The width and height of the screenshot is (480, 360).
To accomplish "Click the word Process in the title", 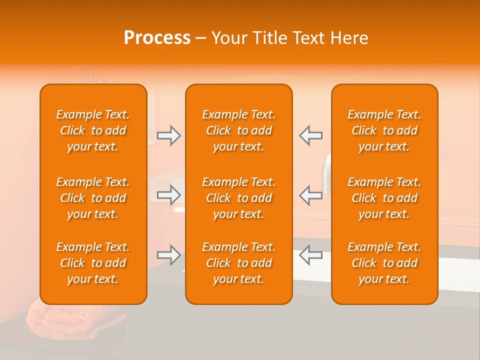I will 157,38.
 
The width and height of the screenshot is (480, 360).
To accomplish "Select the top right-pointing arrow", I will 169,135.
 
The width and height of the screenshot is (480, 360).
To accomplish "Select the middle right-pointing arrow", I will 169,195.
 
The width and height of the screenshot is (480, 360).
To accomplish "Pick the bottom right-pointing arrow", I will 169,255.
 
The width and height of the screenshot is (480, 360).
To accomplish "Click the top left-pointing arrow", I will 310,135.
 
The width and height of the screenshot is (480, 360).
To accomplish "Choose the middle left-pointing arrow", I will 310,195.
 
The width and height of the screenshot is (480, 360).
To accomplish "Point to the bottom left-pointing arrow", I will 310,255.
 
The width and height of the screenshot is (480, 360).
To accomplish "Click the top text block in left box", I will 93,130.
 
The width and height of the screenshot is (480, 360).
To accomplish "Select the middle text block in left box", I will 93,198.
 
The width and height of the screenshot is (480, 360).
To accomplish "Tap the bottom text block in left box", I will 93,263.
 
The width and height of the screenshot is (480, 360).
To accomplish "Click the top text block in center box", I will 239,130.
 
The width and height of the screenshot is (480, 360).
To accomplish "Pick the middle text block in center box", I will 239,198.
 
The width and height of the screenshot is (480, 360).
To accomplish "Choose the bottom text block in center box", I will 239,263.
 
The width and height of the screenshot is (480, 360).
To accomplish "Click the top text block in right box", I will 384,130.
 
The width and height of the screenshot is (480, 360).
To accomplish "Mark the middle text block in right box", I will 384,198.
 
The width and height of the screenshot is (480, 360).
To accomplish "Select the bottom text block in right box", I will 384,263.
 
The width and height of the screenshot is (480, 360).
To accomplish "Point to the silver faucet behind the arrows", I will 326,172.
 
